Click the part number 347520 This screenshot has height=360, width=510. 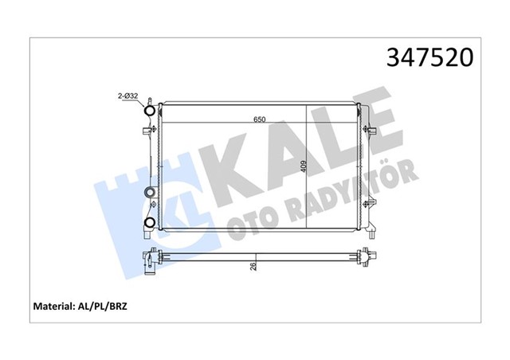point(430,58)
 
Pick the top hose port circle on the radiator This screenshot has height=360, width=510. point(148,111)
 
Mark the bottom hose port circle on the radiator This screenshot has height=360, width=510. point(149,223)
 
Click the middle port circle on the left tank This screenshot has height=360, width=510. point(148,194)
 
